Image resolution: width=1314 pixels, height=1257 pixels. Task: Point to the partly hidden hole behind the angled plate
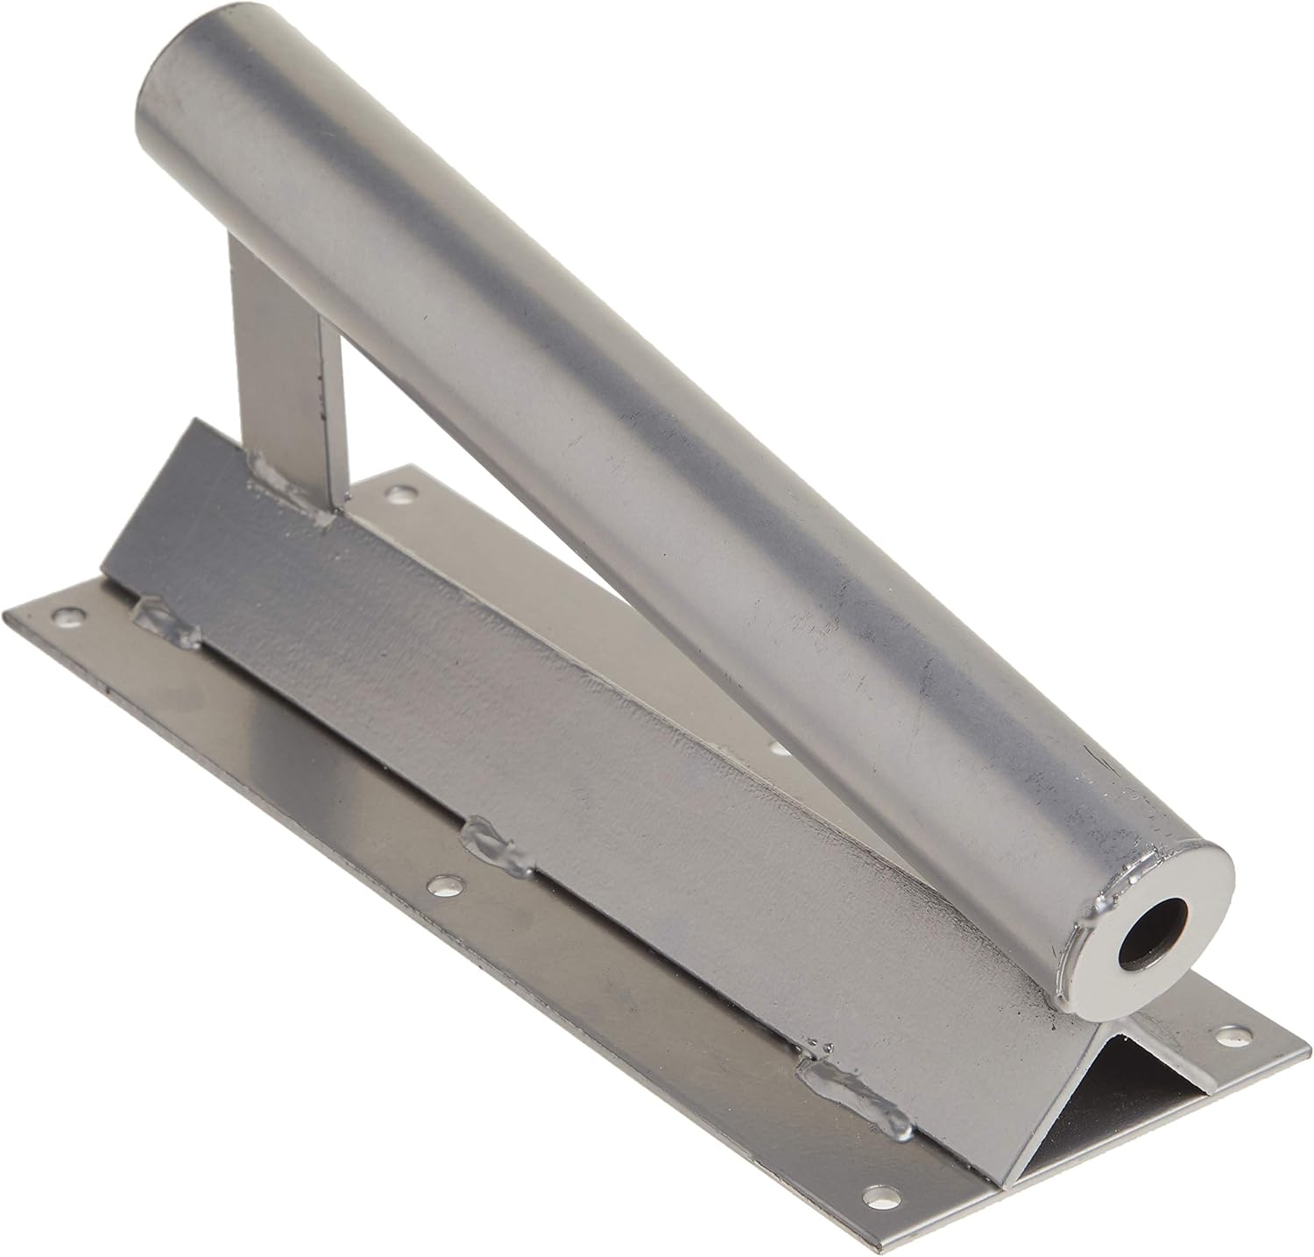coord(780,748)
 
